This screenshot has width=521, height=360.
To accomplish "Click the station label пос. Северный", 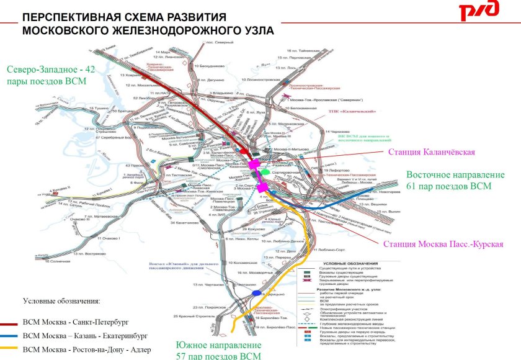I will click(x=225, y=42).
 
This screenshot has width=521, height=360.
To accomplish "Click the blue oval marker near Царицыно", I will click(x=257, y=292).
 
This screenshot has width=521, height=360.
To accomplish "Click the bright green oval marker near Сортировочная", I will click(x=265, y=169).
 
